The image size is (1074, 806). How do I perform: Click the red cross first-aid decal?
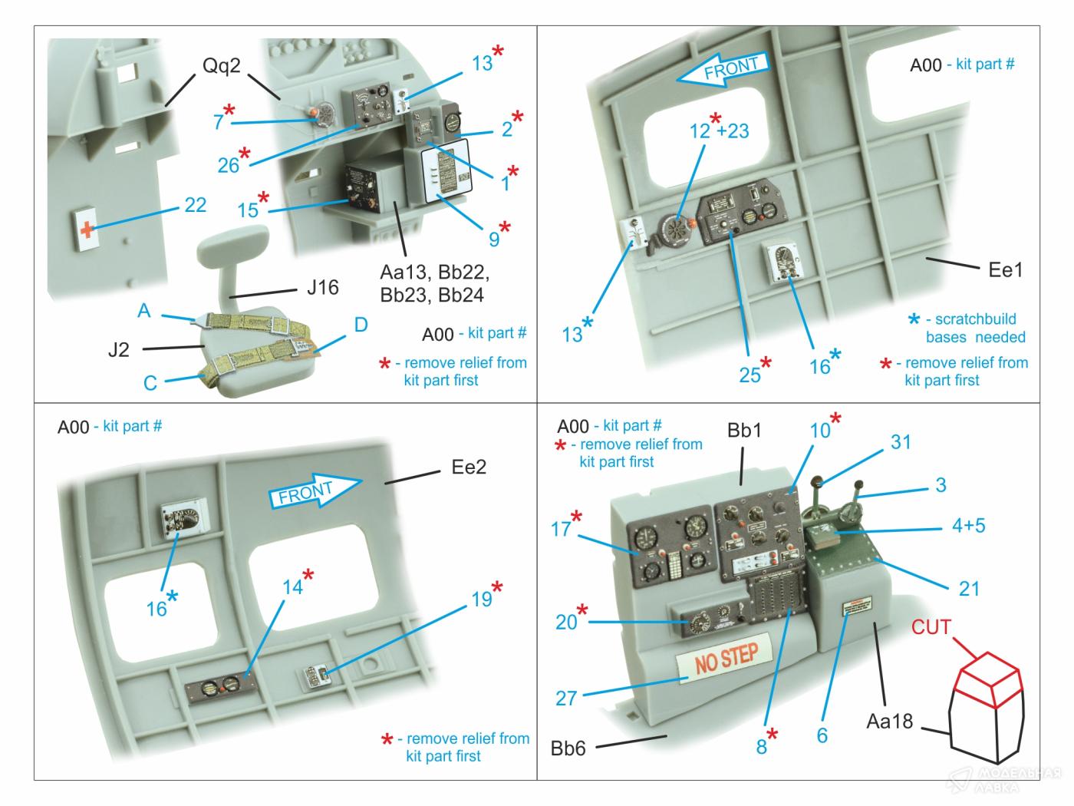coord(87,229)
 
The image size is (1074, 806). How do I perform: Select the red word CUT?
coord(931,627)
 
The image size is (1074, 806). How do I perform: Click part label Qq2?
coord(221,66)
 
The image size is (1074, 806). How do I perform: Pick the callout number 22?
coord(195,205)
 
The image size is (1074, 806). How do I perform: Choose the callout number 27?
coord(565,698)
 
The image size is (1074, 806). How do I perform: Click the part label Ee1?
coord(1005,269)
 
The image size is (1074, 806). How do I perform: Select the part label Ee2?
coord(469,467)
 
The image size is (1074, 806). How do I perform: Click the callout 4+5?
coord(968,526)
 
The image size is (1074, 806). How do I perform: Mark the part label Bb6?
coord(568,748)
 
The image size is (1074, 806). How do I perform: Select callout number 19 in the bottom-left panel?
coord(482,599)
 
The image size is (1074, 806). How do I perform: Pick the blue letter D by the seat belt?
coord(361,325)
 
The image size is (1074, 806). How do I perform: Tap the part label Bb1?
coord(744,431)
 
